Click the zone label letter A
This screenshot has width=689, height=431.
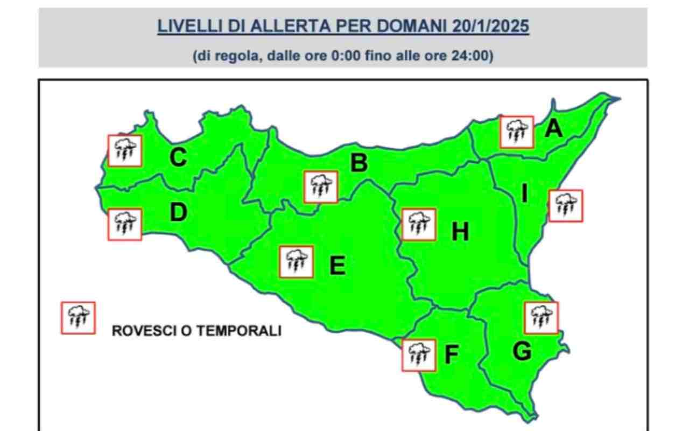(x=553, y=129)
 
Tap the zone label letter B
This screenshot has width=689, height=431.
(x=359, y=162)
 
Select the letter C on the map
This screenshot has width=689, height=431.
(x=178, y=157)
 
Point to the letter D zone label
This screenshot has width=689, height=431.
(x=178, y=213)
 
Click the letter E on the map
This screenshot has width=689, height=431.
(x=337, y=266)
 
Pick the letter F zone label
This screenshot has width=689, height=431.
(x=451, y=354)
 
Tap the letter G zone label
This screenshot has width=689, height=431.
(x=522, y=351)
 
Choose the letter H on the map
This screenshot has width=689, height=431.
(x=460, y=232)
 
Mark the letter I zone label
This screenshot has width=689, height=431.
(x=525, y=193)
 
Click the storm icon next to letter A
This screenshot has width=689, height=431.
(x=517, y=132)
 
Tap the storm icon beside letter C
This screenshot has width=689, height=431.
(x=125, y=150)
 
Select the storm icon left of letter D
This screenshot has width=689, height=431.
(x=125, y=224)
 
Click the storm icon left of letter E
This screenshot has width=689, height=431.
(x=297, y=262)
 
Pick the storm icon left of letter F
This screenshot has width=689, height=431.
(x=419, y=355)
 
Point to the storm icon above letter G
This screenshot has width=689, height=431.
(x=541, y=318)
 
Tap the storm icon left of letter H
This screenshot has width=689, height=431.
(x=419, y=224)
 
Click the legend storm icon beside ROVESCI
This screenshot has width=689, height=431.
(x=78, y=318)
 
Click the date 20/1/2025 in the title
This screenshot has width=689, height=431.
(x=490, y=26)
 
